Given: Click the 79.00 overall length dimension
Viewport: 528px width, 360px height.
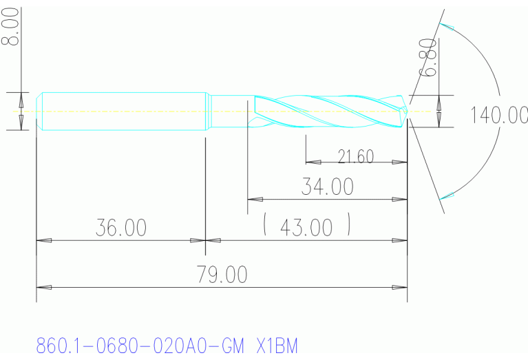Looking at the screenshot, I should (222, 275).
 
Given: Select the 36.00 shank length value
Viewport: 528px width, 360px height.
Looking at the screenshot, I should (120, 228).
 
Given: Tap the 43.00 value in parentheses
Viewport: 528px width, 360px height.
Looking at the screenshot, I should (308, 226).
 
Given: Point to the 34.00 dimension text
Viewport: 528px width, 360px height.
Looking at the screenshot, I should (327, 186).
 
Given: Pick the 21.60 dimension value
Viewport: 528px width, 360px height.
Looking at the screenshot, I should (356, 156).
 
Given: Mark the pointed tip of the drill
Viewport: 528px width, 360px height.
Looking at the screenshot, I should (409, 110).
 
